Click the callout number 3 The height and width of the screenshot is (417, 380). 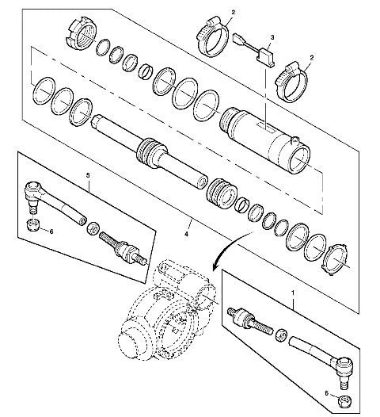pos(272,37)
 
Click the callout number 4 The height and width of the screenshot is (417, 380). pos(186,234)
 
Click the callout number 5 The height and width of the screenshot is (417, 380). pos(88,175)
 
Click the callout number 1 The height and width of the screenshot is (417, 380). pos(293,293)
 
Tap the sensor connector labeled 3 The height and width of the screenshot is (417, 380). pos(266,56)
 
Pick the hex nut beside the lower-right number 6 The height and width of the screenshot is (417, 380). pos(345,401)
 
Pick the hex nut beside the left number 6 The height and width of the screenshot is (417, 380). pos(34,225)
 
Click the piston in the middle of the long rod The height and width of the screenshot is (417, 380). pos(151,153)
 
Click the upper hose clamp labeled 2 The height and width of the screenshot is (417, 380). pos(213,36)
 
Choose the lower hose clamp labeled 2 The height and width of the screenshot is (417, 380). pos(291,82)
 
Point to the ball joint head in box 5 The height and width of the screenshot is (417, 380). pos(32,190)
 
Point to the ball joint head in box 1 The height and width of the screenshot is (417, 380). pos(345,366)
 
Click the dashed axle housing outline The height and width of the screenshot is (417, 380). pos(166,311)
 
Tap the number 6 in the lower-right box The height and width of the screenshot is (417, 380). pos(326,392)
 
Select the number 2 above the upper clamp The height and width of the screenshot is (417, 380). pos(234,12)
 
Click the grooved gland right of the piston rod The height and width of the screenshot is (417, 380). pos(221,193)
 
